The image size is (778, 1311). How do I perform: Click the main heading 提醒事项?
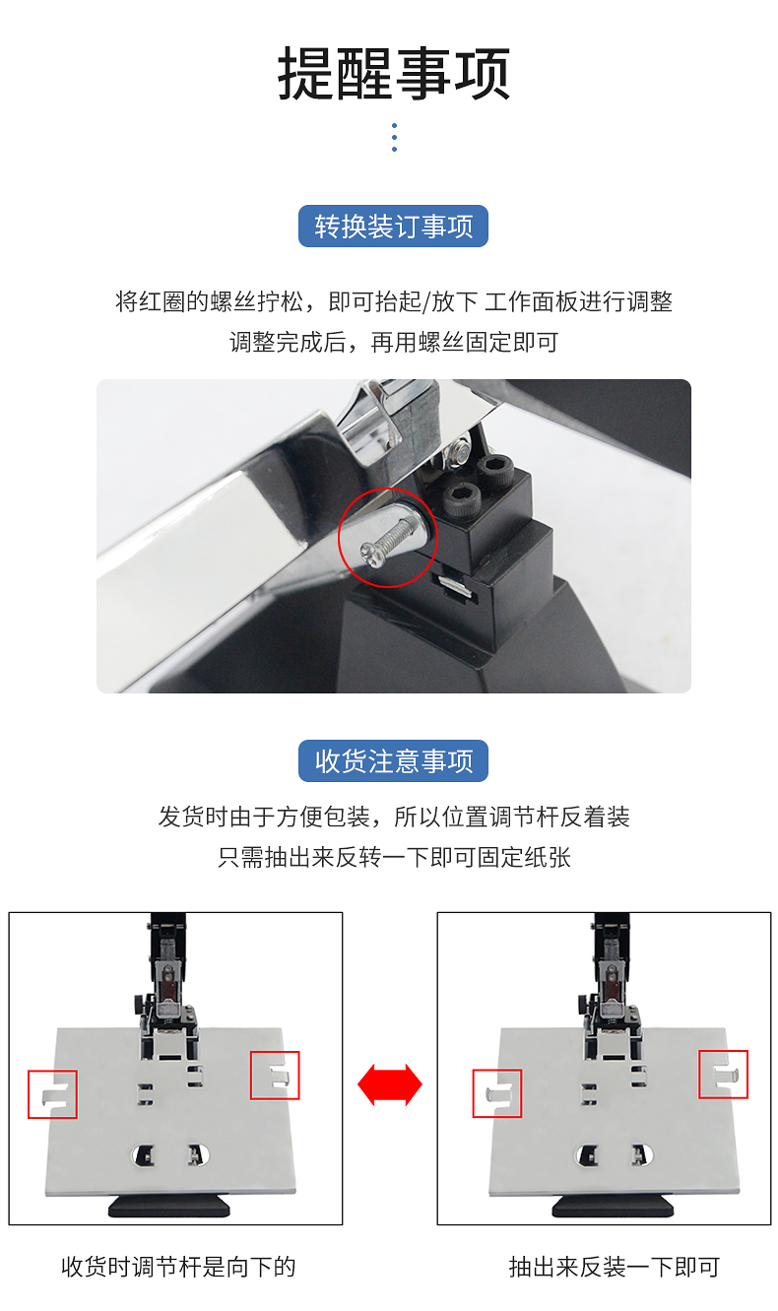pyautogui.click(x=394, y=74)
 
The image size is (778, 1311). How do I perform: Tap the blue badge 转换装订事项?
pyautogui.click(x=393, y=226)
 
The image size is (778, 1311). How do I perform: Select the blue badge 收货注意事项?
pyautogui.click(x=393, y=760)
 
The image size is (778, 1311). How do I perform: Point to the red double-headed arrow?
pyautogui.click(x=390, y=1084)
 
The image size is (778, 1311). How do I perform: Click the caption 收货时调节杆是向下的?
pyautogui.click(x=178, y=1267)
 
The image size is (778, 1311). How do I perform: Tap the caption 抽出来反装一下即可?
pyautogui.click(x=615, y=1267)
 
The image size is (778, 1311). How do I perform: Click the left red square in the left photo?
pyautogui.click(x=29, y=1094)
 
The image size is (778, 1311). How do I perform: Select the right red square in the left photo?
pyautogui.click(x=250, y=1076)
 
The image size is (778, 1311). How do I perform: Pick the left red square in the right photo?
pyautogui.click(x=473, y=1093)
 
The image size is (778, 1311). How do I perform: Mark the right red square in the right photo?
pyautogui.click(x=698, y=1074)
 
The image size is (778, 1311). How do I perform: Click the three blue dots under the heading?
pyautogui.click(x=394, y=138)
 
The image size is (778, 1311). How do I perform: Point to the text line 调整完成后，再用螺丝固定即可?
pyautogui.click(x=394, y=343)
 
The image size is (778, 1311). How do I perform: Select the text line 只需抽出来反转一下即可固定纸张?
pyautogui.click(x=394, y=857)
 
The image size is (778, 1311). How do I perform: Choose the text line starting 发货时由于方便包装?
pyautogui.click(x=394, y=817)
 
